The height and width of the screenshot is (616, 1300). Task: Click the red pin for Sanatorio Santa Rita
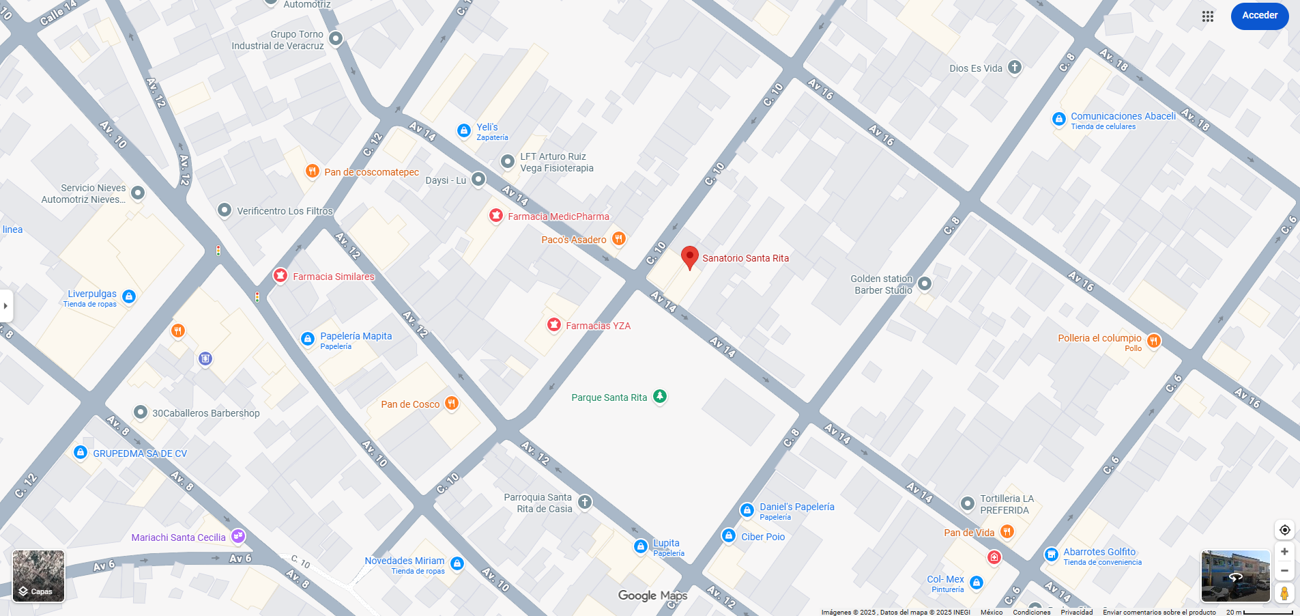pyautogui.click(x=690, y=257)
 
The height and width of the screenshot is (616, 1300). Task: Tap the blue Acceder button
pyautogui.click(x=1259, y=16)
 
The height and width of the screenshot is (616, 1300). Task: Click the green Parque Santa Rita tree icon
pyautogui.click(x=659, y=396)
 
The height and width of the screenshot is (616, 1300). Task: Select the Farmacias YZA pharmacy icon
pyautogui.click(x=554, y=325)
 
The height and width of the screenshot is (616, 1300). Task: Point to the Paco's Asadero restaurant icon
pyautogui.click(x=618, y=238)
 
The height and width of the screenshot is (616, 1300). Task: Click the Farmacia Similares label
pyautogui.click(x=333, y=277)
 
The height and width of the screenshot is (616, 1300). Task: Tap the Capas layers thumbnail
pyautogui.click(x=38, y=576)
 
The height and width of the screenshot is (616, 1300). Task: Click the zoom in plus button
pyautogui.click(x=1284, y=552)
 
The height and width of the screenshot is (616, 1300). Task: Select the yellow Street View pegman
pyautogui.click(x=1284, y=592)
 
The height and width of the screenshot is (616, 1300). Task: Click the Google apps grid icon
pyautogui.click(x=1207, y=16)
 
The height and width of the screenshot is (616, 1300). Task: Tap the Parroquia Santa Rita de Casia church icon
pyautogui.click(x=585, y=503)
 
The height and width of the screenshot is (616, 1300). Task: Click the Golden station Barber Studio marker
pyautogui.click(x=924, y=283)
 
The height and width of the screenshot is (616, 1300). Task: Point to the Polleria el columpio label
pyautogui.click(x=1099, y=338)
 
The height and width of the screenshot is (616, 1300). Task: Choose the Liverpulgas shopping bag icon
pyautogui.click(x=129, y=296)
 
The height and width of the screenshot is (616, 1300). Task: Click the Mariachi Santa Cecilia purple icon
pyautogui.click(x=238, y=536)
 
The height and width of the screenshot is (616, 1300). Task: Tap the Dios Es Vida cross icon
pyautogui.click(x=1015, y=67)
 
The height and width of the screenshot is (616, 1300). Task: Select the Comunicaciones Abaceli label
pyautogui.click(x=1123, y=116)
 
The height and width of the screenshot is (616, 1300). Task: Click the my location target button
pyautogui.click(x=1284, y=530)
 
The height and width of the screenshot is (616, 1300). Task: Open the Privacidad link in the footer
pyautogui.click(x=1076, y=612)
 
